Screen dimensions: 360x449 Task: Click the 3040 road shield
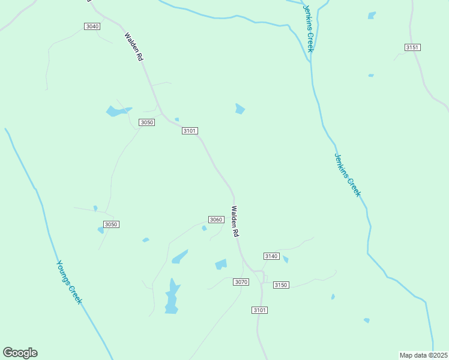click(x=92, y=26)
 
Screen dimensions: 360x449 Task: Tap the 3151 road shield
click(x=412, y=47)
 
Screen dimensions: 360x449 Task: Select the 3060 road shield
click(x=216, y=220)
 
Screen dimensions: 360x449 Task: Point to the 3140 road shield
click(x=271, y=256)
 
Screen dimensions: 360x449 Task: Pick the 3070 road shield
click(x=241, y=282)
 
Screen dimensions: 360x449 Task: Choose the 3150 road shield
click(x=281, y=284)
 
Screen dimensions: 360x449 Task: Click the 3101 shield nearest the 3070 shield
click(x=259, y=310)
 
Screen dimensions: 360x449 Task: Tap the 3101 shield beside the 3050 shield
click(x=190, y=131)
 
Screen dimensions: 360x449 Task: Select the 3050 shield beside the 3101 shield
click(x=147, y=122)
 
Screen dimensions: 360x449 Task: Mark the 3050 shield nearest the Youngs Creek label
click(x=111, y=224)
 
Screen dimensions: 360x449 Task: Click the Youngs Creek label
click(x=68, y=281)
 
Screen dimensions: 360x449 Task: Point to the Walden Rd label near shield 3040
click(x=133, y=47)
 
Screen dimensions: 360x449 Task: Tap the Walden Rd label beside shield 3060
click(x=235, y=221)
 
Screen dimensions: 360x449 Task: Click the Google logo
click(x=20, y=353)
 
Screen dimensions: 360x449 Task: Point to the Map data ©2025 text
click(x=423, y=355)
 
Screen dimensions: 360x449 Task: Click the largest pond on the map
click(x=172, y=296)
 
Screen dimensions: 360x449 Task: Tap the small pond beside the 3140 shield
click(x=286, y=260)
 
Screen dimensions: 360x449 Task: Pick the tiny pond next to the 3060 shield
click(x=204, y=228)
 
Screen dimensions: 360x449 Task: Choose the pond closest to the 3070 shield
click(x=221, y=264)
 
